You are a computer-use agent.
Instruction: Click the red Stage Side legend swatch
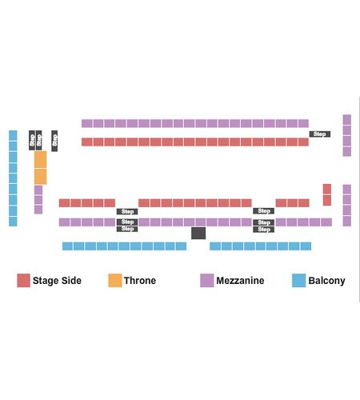click(x=23, y=280)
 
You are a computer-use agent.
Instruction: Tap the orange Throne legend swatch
click(x=115, y=280)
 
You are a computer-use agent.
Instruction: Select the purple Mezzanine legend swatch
click(x=207, y=280)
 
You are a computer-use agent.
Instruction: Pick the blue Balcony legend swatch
click(x=298, y=280)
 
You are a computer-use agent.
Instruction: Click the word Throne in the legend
click(x=140, y=281)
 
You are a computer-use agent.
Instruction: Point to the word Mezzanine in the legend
click(x=240, y=281)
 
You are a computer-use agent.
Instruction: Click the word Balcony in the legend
click(x=326, y=281)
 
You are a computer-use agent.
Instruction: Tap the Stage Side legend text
click(x=57, y=281)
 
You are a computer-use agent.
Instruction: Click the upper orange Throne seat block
click(x=40, y=159)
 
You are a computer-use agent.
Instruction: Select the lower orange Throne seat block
click(x=40, y=176)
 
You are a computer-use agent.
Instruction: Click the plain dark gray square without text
click(x=198, y=233)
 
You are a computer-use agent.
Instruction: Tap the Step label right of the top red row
click(x=320, y=134)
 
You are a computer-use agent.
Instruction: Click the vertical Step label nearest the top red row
click(x=54, y=141)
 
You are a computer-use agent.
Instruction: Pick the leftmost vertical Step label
click(x=32, y=140)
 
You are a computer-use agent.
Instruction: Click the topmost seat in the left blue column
click(x=13, y=135)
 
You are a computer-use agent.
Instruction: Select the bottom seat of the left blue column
click(x=13, y=222)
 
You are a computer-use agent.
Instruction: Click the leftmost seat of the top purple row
click(x=87, y=123)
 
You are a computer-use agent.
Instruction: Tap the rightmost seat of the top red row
click(x=303, y=142)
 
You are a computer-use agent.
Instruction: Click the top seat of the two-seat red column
click(x=327, y=189)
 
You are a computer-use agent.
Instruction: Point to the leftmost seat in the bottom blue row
click(x=67, y=246)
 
